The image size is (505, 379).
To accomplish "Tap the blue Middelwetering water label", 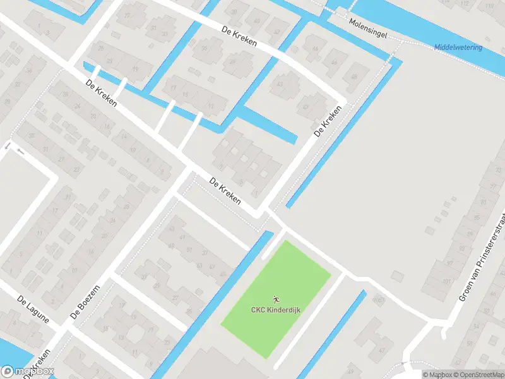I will point(458,47).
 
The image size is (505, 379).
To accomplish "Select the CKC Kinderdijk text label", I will point(275,310).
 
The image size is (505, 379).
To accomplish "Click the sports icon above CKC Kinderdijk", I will point(276,298).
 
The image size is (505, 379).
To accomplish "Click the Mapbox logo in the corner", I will point(28,371).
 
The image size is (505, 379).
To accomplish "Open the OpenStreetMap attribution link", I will point(477,375).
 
